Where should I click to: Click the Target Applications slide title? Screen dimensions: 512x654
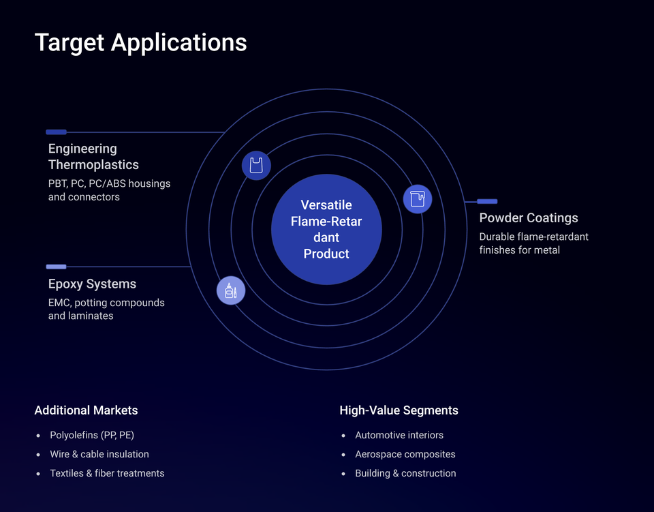coord(140,42)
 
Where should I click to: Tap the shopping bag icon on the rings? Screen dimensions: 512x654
coord(256,166)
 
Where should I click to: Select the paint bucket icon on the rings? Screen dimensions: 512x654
coord(417,199)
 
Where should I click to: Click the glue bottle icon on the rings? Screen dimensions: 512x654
coord(231,290)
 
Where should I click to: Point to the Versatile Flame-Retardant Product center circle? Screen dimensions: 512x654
coord(326,229)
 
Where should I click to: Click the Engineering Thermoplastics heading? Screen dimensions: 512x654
coord(93,157)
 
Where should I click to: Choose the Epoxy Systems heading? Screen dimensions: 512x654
coord(92,284)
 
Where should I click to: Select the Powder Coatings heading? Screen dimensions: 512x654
coord(529,218)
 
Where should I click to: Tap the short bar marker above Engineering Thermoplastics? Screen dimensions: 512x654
coord(56,132)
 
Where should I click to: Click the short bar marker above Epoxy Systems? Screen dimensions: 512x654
coord(56,267)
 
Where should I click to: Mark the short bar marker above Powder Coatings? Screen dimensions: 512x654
coord(487,202)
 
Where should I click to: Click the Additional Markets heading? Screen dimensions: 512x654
coord(86,410)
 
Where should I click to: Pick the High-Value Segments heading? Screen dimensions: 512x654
coord(399,410)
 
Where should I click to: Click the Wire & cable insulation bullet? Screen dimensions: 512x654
coord(99,454)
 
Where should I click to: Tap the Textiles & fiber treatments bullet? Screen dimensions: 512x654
coord(107,473)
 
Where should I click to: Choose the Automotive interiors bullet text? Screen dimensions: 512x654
coord(399,435)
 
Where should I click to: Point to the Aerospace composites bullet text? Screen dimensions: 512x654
coord(405,454)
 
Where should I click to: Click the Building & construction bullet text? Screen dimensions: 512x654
coord(405,473)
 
